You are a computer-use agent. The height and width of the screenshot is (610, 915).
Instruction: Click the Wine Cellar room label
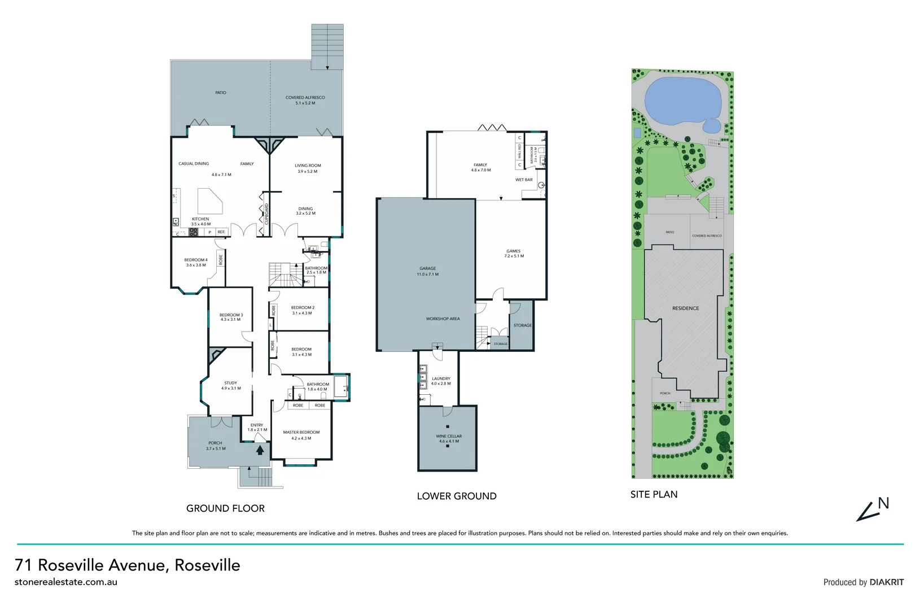449,438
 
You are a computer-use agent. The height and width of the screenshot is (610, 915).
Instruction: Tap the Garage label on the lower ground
427,271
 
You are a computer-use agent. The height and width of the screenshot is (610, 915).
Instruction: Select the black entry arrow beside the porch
260,450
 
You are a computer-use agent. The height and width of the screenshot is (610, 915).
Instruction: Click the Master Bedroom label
301,435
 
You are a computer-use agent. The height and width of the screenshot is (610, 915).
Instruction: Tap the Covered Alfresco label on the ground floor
305,100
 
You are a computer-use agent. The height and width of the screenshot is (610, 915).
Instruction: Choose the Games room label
513,253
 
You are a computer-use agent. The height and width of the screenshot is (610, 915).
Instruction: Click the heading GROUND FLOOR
225,508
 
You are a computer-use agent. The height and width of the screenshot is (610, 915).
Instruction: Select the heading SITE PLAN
654,494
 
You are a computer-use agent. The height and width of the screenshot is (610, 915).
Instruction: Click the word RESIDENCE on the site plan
685,308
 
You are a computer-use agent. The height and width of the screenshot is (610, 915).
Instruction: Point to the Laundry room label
441,381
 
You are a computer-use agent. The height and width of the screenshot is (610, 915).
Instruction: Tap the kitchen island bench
209,200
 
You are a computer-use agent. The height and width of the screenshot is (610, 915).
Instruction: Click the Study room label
230,385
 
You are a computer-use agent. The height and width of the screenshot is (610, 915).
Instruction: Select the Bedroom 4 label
195,262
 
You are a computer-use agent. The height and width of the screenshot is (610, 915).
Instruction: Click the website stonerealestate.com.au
66,582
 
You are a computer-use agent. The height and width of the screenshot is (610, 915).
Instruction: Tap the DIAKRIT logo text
886,582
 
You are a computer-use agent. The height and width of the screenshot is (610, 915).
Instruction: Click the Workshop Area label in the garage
443,319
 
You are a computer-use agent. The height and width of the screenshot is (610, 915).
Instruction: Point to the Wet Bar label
524,180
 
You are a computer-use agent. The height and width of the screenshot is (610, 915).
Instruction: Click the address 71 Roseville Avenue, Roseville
128,565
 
